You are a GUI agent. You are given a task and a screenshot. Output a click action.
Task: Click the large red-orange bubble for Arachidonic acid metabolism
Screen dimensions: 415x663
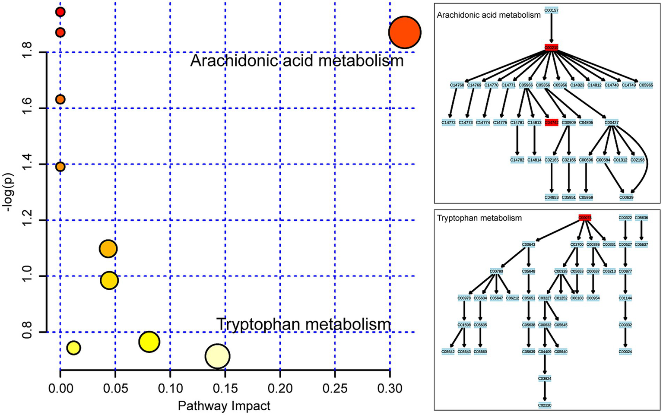pos(404,32)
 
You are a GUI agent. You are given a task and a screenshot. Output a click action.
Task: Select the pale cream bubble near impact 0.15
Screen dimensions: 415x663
pos(217,356)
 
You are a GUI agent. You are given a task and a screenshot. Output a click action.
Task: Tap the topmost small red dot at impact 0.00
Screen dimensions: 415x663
pos(60,12)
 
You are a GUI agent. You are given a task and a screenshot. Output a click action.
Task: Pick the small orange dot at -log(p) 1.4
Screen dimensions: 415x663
pos(60,166)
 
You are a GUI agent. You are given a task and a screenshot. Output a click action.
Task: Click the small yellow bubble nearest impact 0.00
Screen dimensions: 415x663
pos(74,348)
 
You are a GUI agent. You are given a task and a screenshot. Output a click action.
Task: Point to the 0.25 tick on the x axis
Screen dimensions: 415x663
pos(335,388)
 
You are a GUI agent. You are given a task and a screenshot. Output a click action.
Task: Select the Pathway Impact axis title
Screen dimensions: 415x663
pos(224,406)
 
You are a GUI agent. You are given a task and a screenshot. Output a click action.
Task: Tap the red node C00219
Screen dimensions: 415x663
pos(551,48)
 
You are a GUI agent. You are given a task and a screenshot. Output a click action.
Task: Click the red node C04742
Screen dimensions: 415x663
pos(552,123)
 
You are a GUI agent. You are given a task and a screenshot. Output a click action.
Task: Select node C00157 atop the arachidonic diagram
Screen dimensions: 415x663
pos(551,10)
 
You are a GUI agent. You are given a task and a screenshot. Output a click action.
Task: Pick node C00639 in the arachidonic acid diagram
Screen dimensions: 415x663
pos(626,197)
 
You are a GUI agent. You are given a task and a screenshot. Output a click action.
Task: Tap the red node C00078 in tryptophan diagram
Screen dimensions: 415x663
pos(585,218)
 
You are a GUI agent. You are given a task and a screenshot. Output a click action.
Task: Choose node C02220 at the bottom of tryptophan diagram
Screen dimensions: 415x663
pos(545,405)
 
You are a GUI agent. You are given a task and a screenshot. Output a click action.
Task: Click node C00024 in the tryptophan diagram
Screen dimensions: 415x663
pos(625,352)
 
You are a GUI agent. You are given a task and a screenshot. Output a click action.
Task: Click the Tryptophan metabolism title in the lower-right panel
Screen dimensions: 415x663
pos(479,218)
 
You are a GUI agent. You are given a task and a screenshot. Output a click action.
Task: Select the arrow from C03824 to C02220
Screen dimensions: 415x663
pos(545,392)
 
